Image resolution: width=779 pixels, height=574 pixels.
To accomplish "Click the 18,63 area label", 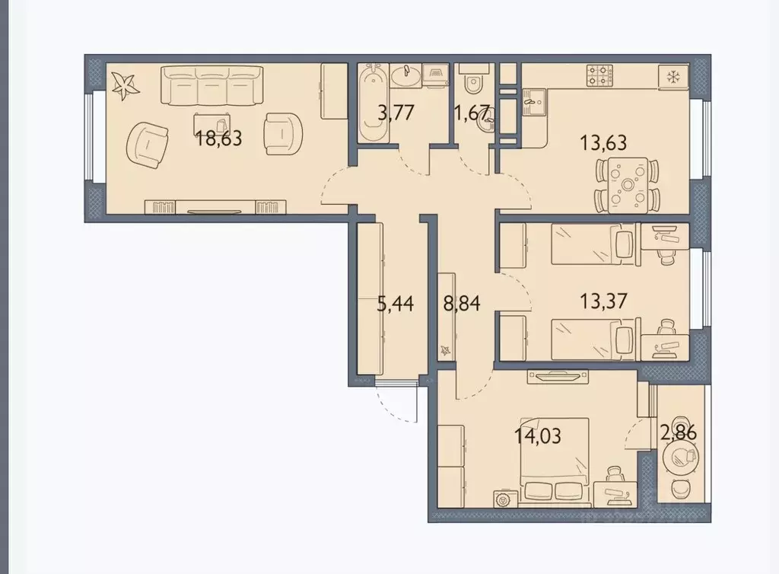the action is (218, 138).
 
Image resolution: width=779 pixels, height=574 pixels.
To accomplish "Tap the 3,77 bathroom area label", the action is (396, 113).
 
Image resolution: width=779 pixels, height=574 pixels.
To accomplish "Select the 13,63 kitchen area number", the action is (603, 142).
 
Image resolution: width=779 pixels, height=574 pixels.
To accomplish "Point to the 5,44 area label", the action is (396, 303).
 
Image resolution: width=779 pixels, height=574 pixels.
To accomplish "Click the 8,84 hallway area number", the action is (462, 303).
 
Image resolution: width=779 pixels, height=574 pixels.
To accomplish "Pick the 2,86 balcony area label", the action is (678, 432).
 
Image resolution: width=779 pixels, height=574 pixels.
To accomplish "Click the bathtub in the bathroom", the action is (373, 103).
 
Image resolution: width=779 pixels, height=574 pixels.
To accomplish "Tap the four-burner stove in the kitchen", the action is (599, 76).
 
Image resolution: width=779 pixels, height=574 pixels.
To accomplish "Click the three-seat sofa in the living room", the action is (212, 85).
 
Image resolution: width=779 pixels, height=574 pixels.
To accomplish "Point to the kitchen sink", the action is (534, 102).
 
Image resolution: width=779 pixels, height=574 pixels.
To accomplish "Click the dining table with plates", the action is (628, 185).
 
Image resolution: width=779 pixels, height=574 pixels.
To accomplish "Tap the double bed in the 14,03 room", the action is (555, 459).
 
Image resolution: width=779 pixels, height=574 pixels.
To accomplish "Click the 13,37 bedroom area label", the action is (603, 301).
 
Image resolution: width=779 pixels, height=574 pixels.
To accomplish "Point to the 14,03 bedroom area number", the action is (538, 436).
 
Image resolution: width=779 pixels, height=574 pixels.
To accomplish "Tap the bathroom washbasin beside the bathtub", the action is (406, 76).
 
